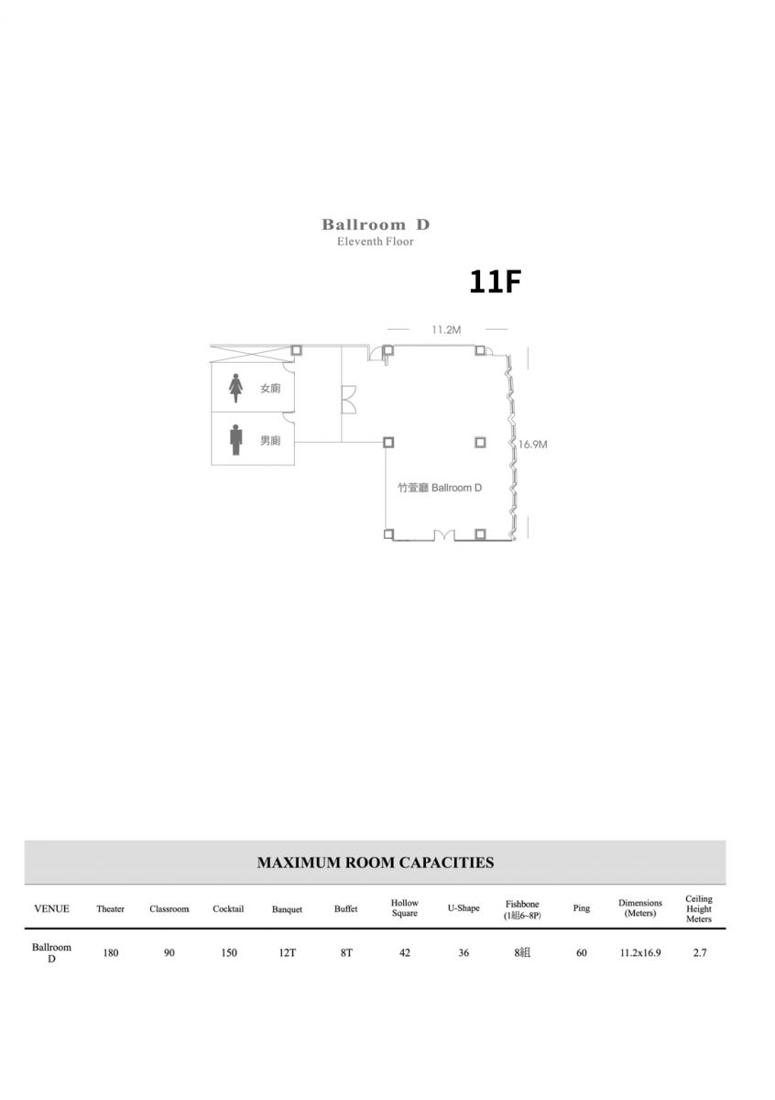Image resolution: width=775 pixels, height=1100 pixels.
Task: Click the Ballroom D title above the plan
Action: point(376,225)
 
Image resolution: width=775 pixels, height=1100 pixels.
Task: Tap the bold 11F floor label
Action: point(495,282)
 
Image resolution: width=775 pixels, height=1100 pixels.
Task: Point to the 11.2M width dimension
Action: point(446,330)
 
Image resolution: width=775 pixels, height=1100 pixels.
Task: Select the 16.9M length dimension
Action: point(532,445)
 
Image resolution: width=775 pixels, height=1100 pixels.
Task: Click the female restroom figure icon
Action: point(235,388)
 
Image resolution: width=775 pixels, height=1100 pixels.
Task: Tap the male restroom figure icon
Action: point(236,440)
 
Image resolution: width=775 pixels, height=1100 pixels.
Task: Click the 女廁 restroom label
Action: point(270,389)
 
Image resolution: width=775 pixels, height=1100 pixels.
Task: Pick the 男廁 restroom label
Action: point(270,441)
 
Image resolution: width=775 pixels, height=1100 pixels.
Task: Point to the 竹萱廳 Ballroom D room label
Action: point(440,488)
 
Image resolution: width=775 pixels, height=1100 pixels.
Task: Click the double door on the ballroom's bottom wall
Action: point(444,534)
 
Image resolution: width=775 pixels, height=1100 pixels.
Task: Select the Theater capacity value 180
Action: point(111,952)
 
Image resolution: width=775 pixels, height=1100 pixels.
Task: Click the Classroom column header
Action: point(169,908)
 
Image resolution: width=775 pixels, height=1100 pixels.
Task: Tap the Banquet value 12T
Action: point(287,952)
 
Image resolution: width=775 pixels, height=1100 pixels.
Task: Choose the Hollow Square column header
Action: point(404,908)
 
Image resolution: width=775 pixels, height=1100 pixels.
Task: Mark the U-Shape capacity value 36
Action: point(464,952)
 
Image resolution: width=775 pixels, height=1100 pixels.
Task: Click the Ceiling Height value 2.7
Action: point(699,952)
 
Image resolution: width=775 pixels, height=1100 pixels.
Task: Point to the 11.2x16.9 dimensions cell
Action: point(640,952)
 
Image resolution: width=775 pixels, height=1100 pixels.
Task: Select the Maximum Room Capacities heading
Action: point(376,863)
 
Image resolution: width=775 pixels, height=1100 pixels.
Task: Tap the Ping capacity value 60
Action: point(581,952)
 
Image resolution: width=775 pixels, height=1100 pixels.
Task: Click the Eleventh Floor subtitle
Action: point(376,242)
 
